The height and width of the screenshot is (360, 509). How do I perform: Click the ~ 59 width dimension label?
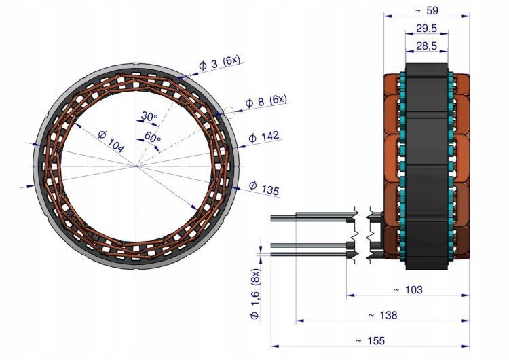tap(426, 10)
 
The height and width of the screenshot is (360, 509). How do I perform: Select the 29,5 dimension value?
tap(427, 29)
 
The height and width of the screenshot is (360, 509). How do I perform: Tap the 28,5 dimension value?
tap(427, 46)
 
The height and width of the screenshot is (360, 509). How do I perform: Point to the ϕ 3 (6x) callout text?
tap(219, 62)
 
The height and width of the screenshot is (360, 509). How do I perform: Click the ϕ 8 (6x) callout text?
tap(266, 101)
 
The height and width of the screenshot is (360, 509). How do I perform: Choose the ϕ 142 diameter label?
tap(263, 137)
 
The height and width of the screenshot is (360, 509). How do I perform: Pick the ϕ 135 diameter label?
tap(264, 188)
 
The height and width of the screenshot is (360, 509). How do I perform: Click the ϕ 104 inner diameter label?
tap(111, 141)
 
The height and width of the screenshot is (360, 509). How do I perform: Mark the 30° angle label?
tap(149, 116)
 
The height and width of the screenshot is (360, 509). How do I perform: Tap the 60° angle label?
tap(153, 137)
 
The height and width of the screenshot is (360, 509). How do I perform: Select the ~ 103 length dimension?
tap(408, 289)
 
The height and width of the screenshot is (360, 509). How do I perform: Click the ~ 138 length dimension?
tap(383, 315)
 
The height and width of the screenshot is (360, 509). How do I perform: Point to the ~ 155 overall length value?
tap(370, 341)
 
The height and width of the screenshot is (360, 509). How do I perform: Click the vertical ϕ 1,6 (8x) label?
tap(254, 293)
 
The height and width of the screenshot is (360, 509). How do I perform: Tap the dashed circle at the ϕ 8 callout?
tap(229, 113)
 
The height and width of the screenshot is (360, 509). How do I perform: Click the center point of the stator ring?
tap(136, 166)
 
